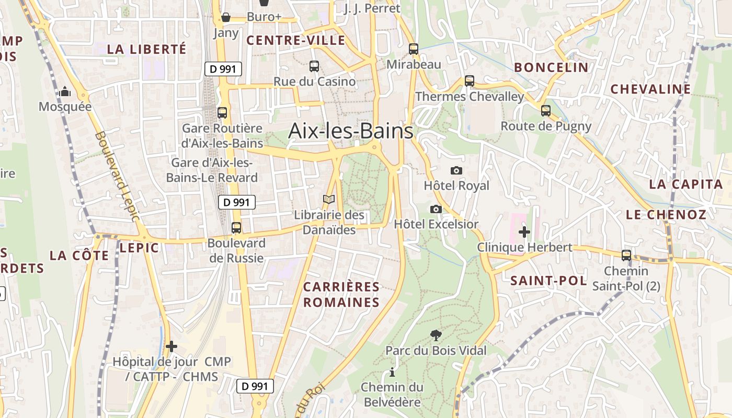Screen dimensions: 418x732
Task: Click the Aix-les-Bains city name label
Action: point(350,131)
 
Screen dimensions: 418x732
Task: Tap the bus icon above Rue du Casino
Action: point(314,66)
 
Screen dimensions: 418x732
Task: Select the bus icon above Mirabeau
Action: point(414,49)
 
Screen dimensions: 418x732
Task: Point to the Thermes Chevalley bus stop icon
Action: point(470,81)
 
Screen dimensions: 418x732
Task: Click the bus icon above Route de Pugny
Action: point(546,111)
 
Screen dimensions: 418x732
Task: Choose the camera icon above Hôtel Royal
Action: point(456,170)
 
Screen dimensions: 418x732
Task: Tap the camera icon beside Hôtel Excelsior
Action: point(436,209)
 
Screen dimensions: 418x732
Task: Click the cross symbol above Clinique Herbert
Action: point(524,232)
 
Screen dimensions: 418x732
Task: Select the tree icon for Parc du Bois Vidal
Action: point(436,335)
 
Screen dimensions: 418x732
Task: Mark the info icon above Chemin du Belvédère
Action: point(392,372)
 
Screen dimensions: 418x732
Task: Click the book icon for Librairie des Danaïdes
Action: point(329,199)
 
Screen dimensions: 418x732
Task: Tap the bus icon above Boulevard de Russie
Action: point(236,228)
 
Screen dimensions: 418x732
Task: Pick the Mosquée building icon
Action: point(65,92)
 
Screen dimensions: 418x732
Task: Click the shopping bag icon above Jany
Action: point(226,17)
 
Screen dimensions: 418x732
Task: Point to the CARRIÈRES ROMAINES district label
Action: point(341,294)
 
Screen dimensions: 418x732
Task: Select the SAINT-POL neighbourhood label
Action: point(548,281)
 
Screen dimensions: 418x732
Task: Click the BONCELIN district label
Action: point(551,67)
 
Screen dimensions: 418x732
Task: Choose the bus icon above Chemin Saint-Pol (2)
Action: point(626,256)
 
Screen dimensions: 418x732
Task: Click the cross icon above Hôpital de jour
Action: point(171,346)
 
